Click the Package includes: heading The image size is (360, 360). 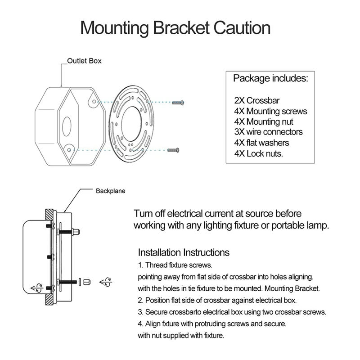click(270, 79)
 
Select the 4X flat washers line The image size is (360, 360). click(261, 143)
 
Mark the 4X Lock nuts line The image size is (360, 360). click(259, 153)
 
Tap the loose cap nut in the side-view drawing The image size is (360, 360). click(87, 281)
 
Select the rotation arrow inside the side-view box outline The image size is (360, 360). click(36, 287)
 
